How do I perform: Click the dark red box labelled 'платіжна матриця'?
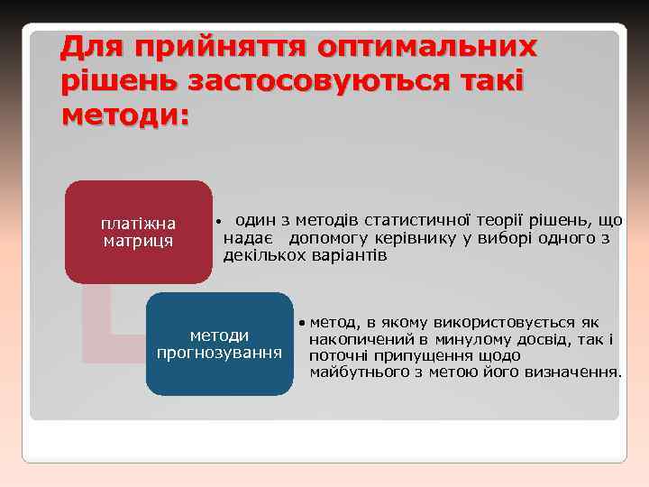[x=138, y=232]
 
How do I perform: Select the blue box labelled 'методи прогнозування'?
[x=219, y=344]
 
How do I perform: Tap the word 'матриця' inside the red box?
[x=138, y=241]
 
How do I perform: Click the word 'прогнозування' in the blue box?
[x=219, y=352]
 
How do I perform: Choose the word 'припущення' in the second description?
[x=417, y=355]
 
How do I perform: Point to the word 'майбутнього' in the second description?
[x=352, y=372]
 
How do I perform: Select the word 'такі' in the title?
[x=489, y=81]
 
